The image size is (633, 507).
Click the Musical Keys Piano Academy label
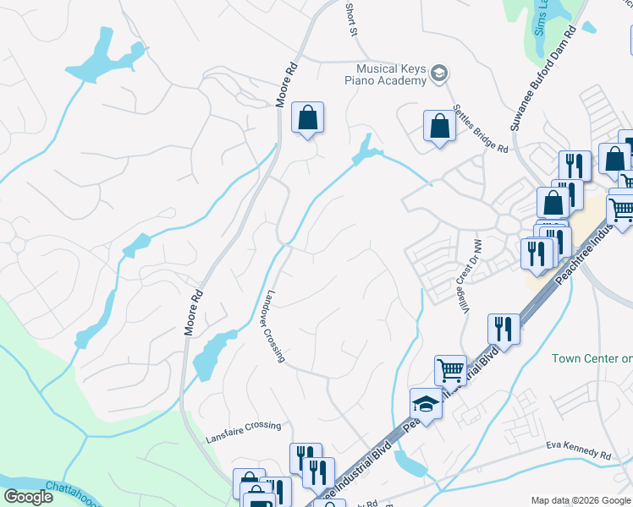point(390,74)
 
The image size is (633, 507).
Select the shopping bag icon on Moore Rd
point(308,118)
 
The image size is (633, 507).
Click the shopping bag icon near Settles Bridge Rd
point(439,127)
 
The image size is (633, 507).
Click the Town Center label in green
point(592,358)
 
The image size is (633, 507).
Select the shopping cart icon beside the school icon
point(450,369)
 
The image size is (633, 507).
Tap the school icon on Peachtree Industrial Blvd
point(426,404)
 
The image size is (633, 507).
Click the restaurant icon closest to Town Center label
point(504,329)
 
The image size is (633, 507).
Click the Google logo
point(29,497)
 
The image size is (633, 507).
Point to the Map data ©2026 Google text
point(580,500)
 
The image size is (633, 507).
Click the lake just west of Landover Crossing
point(211,355)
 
